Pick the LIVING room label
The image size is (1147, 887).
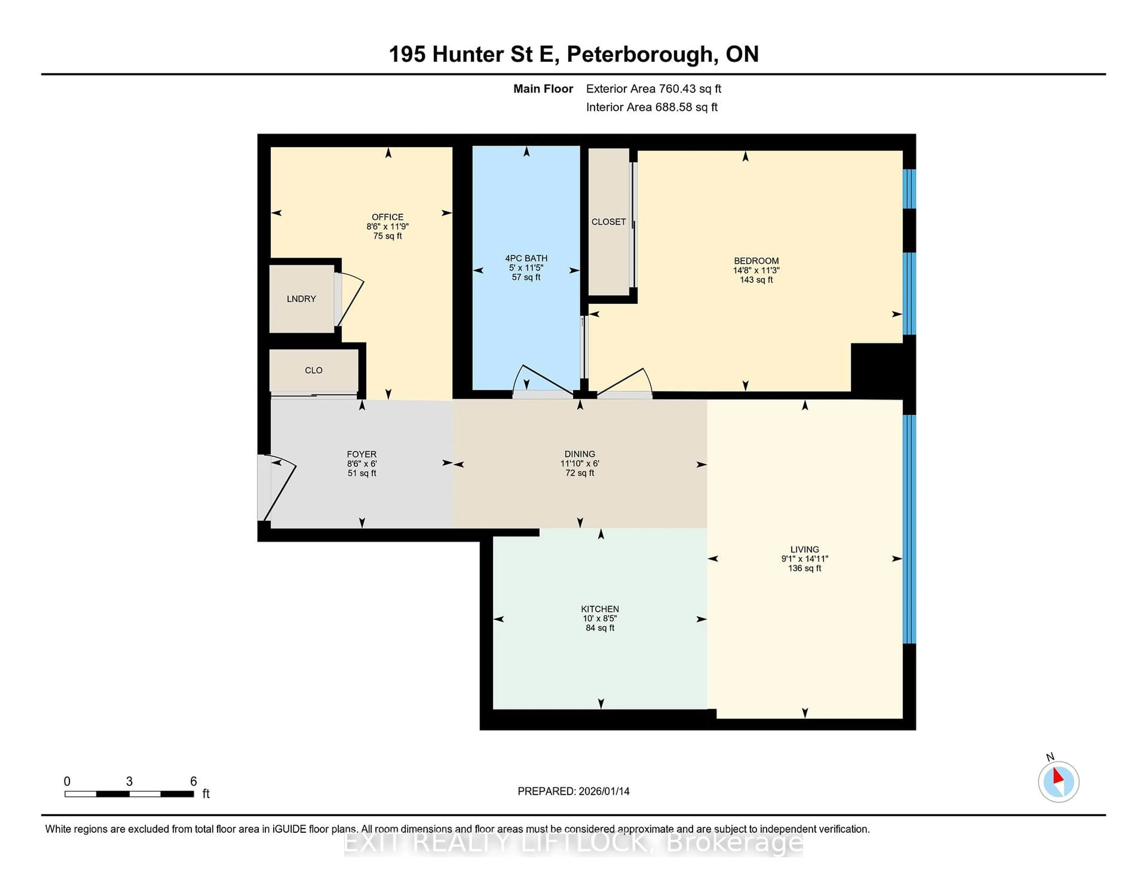(804, 549)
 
